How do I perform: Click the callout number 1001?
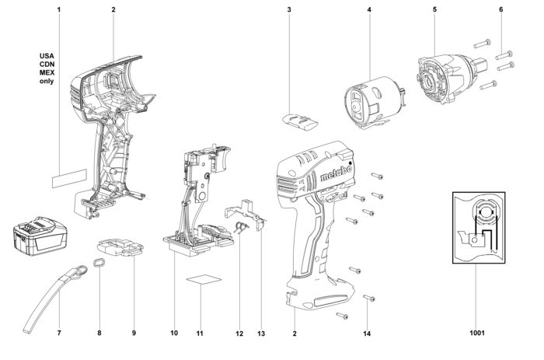[x=477, y=333]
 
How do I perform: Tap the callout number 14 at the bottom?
[x=367, y=334]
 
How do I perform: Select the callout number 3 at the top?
[x=289, y=10]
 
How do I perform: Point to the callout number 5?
[x=434, y=9]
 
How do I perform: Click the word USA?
[x=47, y=56]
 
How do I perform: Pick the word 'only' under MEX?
[x=47, y=81]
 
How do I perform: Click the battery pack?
[x=40, y=237]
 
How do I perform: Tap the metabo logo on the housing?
[x=336, y=173]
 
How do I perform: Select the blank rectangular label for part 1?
[x=69, y=179]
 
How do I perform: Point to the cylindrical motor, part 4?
[x=374, y=103]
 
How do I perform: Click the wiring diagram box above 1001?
[x=479, y=228]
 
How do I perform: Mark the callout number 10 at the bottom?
[x=174, y=333]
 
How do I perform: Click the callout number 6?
[x=500, y=9]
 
